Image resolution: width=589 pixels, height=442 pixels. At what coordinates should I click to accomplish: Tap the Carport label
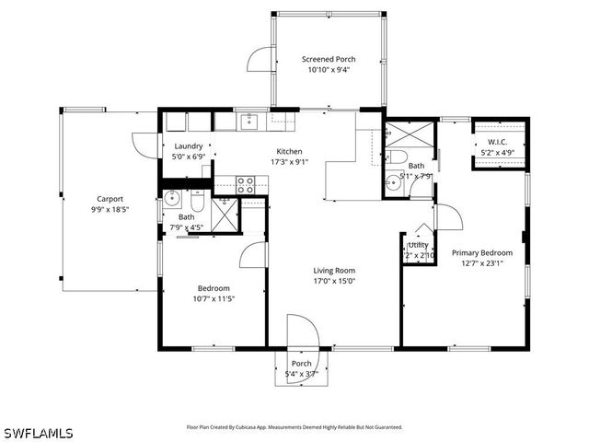point(110,199)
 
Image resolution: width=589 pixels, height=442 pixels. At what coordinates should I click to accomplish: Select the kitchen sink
point(248,120)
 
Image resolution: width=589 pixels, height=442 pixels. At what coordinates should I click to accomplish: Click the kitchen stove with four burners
point(246,184)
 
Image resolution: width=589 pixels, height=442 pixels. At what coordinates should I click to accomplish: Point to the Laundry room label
point(189,146)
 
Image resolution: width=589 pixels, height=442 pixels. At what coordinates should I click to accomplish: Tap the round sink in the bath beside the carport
point(172,197)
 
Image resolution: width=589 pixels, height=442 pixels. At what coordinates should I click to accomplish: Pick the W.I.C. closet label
point(498,142)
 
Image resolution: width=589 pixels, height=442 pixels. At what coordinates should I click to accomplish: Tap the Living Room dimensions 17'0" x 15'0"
point(334,281)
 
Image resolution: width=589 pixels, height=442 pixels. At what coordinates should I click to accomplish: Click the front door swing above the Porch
point(301,331)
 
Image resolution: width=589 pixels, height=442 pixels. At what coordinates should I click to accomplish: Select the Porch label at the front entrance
point(301,363)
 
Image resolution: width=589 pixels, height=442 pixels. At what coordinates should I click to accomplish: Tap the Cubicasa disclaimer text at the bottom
point(294,427)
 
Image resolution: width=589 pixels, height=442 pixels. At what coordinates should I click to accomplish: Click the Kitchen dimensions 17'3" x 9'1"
point(289,162)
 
